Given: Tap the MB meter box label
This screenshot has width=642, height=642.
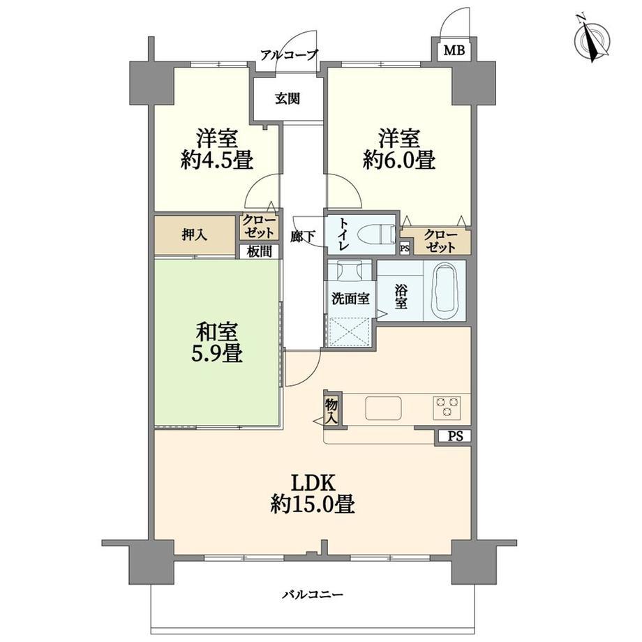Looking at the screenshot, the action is click(x=455, y=51).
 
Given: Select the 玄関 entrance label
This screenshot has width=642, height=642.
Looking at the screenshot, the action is click(x=288, y=98).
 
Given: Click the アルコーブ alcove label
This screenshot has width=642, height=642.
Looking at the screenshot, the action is click(x=289, y=55).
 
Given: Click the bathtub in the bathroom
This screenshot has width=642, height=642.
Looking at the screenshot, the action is click(x=445, y=292).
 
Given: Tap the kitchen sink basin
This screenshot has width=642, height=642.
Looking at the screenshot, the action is click(x=383, y=408).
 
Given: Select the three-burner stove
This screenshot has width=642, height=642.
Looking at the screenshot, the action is click(x=447, y=408).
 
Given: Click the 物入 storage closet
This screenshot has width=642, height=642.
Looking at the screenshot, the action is click(x=331, y=410).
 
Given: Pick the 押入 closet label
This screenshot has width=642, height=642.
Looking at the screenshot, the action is click(x=195, y=235).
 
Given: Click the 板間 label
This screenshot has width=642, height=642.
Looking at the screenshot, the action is click(x=259, y=251).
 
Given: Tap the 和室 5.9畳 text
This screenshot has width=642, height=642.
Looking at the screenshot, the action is click(x=216, y=343).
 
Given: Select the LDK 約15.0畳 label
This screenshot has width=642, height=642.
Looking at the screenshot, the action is click(x=313, y=494).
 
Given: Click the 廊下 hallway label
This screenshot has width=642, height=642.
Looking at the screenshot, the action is click(x=303, y=237).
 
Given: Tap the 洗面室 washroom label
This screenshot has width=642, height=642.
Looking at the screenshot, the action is click(x=350, y=299).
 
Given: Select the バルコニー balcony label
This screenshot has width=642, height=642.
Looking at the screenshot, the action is click(x=313, y=595).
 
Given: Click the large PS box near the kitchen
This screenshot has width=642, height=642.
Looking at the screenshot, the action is click(x=455, y=436).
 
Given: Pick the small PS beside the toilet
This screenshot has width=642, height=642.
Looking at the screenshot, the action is click(x=405, y=248).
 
